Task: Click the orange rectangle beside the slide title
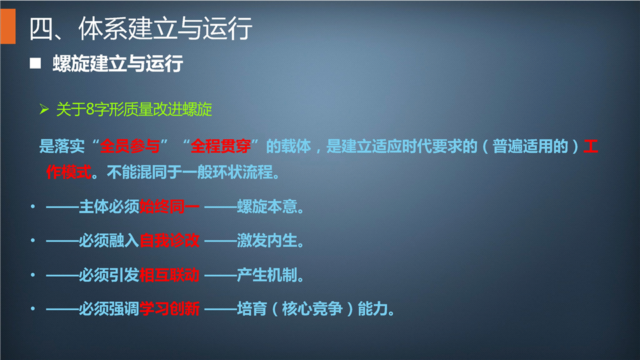tap(8, 26)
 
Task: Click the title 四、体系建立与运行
tap(141, 29)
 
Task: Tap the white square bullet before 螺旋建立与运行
tap(35, 63)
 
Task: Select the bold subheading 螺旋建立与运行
tap(117, 64)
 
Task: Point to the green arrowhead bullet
tap(44, 109)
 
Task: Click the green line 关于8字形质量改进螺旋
tap(134, 109)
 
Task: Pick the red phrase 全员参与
tap(130, 146)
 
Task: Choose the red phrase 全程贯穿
tap(221, 146)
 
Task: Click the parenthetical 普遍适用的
tap(530, 146)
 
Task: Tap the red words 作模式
tap(69, 172)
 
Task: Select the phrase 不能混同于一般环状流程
tap(190, 172)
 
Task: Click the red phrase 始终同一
tap(169, 207)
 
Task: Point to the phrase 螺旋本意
tap(267, 207)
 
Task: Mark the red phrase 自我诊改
tap(169, 241)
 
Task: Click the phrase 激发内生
tap(267, 241)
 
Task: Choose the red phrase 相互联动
tap(169, 275)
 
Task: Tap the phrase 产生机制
tap(267, 275)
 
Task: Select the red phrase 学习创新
tap(169, 309)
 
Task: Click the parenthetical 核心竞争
tap(312, 309)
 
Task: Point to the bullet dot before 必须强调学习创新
tap(33, 309)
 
